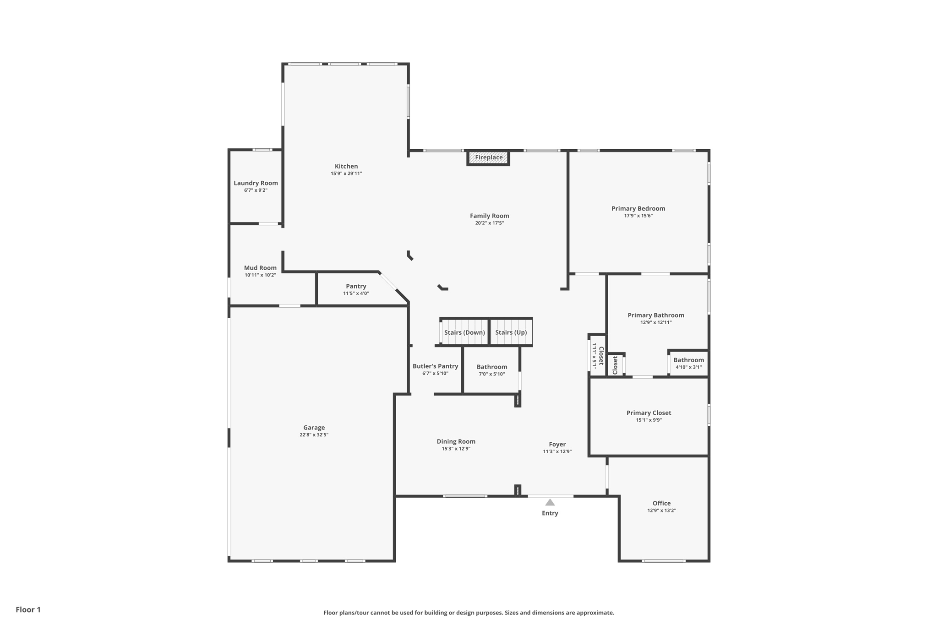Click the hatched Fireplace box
point(488,158)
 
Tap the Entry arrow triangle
point(550,502)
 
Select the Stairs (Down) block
point(464,332)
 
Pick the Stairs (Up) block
point(511,332)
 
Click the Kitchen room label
point(346,166)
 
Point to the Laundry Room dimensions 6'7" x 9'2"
point(256,190)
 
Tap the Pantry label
point(356,286)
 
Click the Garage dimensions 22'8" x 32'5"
point(314,435)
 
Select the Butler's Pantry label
point(435,366)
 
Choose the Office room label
point(661,503)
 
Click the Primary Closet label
point(649,413)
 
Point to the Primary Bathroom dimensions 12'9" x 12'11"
point(656,322)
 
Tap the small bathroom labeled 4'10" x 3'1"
point(688,363)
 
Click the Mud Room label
point(260,268)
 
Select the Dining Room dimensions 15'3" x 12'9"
point(456,449)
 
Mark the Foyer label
point(557,444)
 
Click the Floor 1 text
point(28,609)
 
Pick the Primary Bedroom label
point(638,208)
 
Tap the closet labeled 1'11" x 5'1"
point(598,356)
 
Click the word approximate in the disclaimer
point(594,613)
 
